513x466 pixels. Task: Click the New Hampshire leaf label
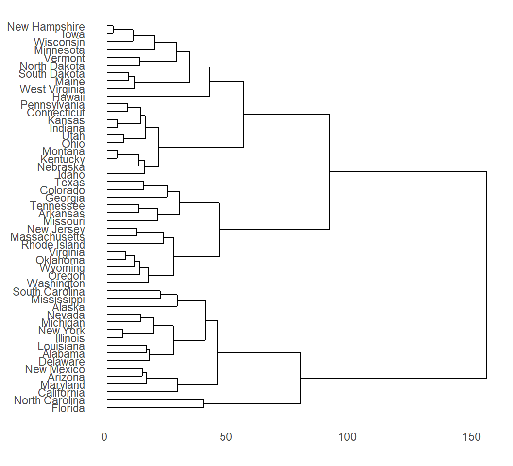pyautogui.click(x=46, y=27)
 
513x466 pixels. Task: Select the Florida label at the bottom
pyautogui.click(x=68, y=408)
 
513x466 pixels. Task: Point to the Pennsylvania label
pyautogui.click(x=53, y=105)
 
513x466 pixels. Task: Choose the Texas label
pyautogui.click(x=70, y=183)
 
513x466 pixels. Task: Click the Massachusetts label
pyautogui.click(x=48, y=237)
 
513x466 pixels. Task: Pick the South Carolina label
pyautogui.click(x=49, y=292)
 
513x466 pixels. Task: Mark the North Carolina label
pyautogui.click(x=49, y=400)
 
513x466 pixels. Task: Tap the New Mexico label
pyautogui.click(x=55, y=369)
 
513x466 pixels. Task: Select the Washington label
pyautogui.click(x=56, y=283)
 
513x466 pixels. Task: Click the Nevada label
pyautogui.click(x=66, y=315)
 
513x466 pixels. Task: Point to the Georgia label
pyautogui.click(x=65, y=198)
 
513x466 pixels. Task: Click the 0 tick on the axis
pyautogui.click(x=104, y=437)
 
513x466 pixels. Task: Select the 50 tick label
pyautogui.click(x=225, y=437)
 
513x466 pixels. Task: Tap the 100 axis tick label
pyautogui.click(x=347, y=437)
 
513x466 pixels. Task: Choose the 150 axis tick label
pyautogui.click(x=472, y=437)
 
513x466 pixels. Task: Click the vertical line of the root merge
pyautogui.click(x=486, y=275)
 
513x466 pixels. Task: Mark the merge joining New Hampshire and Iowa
pyautogui.click(x=113, y=30)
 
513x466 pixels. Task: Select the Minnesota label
pyautogui.click(x=59, y=50)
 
